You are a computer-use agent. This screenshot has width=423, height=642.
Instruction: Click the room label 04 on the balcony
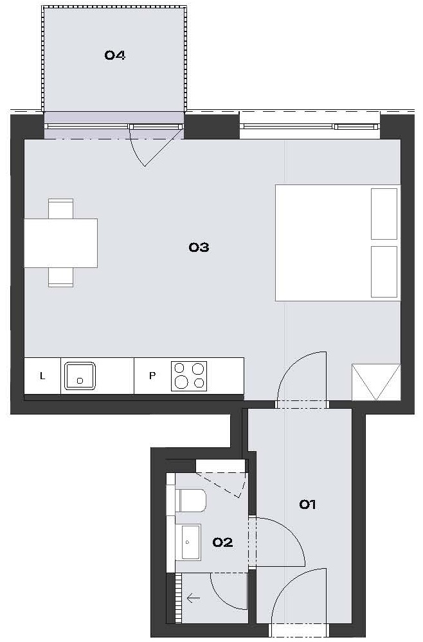(114, 55)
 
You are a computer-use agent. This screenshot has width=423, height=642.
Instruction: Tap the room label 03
(199, 247)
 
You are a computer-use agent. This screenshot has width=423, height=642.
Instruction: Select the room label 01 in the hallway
(307, 504)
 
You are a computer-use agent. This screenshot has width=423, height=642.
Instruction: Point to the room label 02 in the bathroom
(222, 542)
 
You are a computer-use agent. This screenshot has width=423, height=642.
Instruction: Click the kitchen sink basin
(80, 376)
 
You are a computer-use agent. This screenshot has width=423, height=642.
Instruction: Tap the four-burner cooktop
(189, 376)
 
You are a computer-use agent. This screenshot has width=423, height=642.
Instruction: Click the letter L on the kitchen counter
(42, 376)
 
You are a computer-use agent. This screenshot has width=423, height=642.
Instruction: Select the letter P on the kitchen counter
(152, 376)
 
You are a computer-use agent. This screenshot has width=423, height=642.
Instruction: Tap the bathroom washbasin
(189, 542)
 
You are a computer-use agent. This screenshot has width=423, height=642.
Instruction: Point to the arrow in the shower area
(194, 598)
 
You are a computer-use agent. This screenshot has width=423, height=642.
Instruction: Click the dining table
(60, 243)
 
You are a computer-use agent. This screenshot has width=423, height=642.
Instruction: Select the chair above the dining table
(60, 208)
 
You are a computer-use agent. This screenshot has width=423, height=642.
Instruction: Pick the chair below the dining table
(60, 277)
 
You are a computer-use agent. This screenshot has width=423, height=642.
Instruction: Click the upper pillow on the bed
(384, 214)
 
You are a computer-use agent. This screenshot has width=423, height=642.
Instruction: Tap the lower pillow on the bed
(384, 272)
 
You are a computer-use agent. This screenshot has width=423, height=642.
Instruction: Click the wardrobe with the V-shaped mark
(376, 382)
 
